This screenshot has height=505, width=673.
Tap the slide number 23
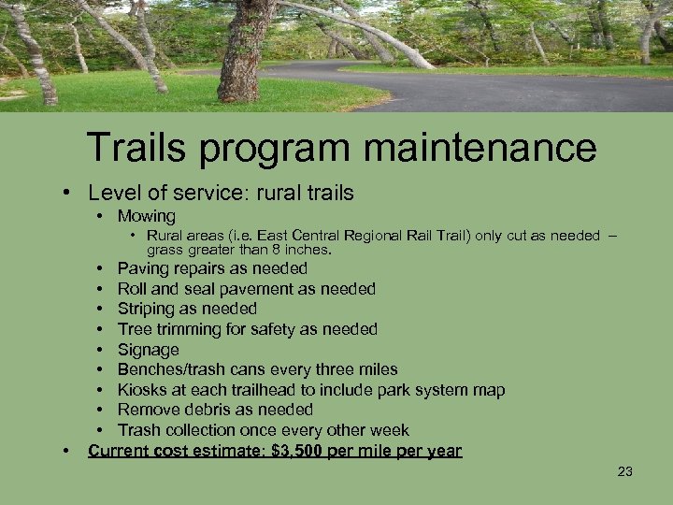[x=625, y=471]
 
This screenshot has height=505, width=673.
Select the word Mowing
[x=146, y=216]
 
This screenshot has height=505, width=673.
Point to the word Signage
[x=148, y=350]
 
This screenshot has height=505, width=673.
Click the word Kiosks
[x=141, y=390]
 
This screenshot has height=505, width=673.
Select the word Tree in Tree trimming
[x=134, y=329]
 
